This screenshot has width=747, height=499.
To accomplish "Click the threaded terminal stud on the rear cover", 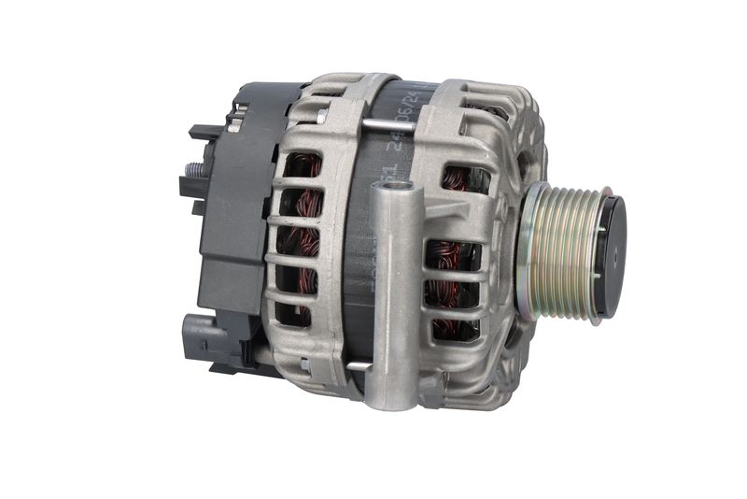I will tap(194, 171).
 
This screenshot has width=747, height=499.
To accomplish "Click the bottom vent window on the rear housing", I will tap(297, 314).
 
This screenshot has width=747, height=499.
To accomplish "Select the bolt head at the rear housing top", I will tap(322, 116).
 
